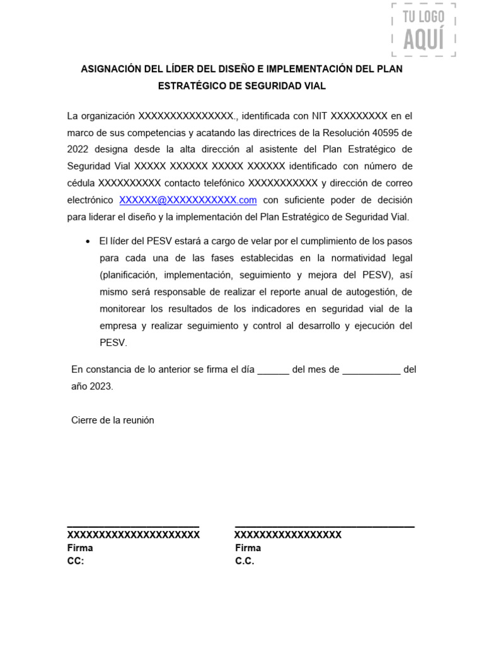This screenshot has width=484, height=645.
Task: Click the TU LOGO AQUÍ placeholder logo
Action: pos(423,30)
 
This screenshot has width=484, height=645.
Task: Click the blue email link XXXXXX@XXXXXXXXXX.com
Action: pos(188,200)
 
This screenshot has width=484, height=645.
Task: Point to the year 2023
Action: pos(101,386)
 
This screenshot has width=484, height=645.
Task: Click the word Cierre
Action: pos(85,420)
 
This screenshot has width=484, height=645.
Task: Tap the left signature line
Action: pos(133,525)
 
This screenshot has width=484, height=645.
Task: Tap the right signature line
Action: pos(325,525)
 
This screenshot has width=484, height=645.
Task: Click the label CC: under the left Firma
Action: pos(76,561)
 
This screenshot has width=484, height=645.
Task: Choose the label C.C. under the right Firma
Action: pos(245,561)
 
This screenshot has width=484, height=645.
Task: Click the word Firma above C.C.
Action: pos(248,548)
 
